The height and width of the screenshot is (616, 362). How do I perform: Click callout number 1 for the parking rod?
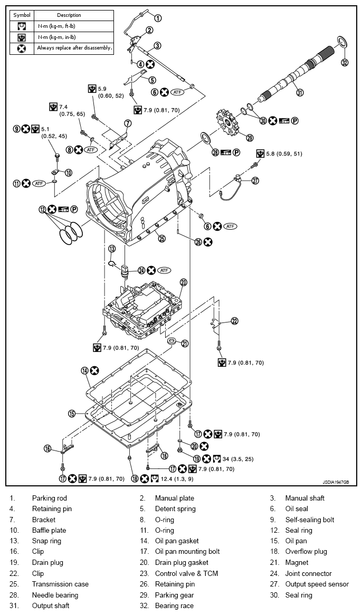click(x=158, y=18)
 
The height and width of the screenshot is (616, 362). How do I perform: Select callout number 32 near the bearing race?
click(x=345, y=62)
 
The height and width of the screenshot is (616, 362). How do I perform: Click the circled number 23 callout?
click(x=184, y=282)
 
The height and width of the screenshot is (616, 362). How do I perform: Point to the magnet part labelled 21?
click(x=171, y=344)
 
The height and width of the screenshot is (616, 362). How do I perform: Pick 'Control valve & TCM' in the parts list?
click(x=186, y=573)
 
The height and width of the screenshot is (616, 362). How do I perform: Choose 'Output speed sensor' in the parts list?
click(x=317, y=584)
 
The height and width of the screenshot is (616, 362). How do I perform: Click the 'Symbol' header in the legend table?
click(x=22, y=15)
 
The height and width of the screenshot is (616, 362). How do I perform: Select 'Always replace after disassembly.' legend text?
click(x=74, y=47)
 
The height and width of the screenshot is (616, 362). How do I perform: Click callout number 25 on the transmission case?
click(x=162, y=238)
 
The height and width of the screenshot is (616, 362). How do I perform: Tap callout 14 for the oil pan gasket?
click(x=85, y=370)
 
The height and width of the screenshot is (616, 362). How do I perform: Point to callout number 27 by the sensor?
click(x=255, y=180)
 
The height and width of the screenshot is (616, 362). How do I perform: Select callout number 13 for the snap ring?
click(x=112, y=248)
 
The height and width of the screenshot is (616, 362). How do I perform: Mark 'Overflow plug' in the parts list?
click(x=306, y=552)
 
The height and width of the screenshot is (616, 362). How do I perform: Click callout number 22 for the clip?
click(x=234, y=321)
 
